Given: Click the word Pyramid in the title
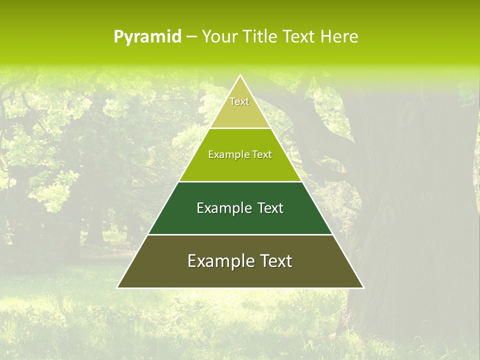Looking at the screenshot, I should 147,36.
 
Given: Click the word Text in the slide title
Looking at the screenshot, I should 299,36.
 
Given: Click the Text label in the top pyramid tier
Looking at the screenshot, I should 239,101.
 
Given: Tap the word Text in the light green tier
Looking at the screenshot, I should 262,154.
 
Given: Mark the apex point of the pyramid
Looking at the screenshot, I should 240,75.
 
